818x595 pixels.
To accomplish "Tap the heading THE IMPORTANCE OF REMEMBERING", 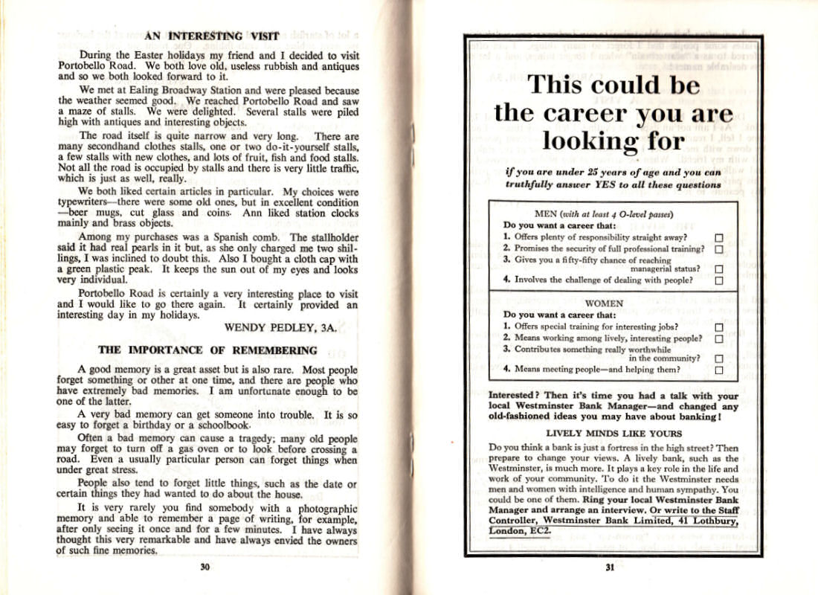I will [207, 350].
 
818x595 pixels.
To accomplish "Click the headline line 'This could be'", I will [613, 84].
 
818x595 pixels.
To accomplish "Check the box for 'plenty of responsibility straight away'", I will [718, 237].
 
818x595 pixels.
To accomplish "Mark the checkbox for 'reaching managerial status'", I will [718, 269].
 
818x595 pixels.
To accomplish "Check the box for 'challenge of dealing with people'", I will [718, 281].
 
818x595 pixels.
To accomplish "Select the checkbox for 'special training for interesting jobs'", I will [718, 326].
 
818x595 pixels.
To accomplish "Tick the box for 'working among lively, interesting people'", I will [718, 338].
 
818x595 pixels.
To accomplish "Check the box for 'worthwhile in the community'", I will [718, 358].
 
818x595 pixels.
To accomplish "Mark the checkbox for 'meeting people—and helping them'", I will [718, 370].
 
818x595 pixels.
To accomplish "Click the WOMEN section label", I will [604, 303].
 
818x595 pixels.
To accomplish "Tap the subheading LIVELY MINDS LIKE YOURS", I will [613, 434].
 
